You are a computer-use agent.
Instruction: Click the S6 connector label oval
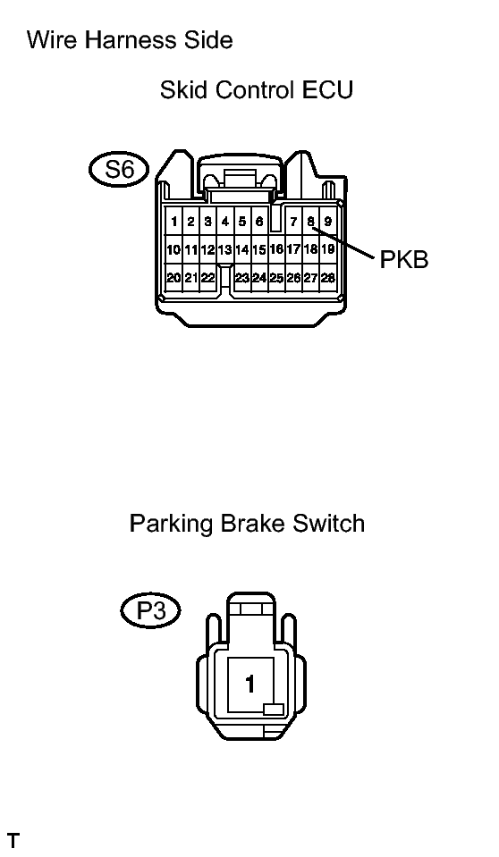(119, 169)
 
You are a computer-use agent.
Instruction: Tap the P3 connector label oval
(150, 610)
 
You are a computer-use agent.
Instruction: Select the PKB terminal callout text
(404, 260)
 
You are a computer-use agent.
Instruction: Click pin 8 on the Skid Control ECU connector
(311, 222)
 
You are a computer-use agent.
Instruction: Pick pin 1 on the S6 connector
(174, 222)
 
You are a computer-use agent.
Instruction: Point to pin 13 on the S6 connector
(224, 250)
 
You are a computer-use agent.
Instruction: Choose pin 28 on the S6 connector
(327, 278)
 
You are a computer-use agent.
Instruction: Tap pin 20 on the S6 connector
(173, 278)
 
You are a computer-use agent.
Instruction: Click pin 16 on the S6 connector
(276, 249)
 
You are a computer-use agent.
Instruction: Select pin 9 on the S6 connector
(327, 222)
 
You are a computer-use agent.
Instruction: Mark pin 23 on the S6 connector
(241, 278)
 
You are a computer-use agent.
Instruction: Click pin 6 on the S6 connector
(258, 222)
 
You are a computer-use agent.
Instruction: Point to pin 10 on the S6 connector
(173, 250)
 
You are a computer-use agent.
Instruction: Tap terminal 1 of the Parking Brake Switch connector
(250, 684)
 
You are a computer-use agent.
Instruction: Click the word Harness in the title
(130, 40)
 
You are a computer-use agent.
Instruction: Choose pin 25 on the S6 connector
(276, 278)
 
